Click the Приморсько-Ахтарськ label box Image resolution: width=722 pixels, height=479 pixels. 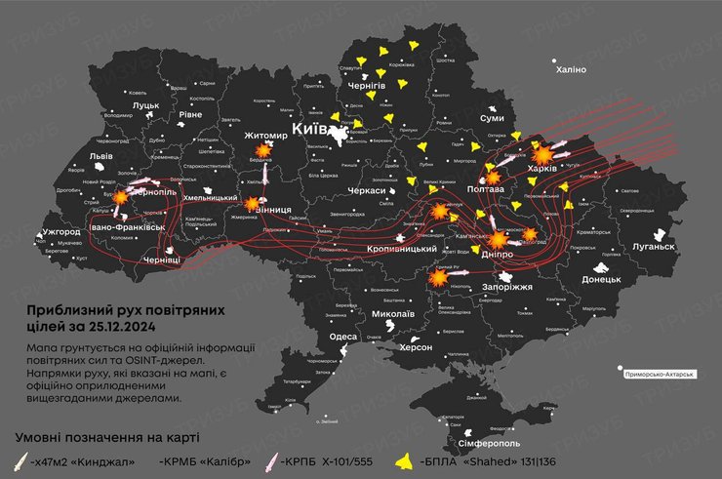[665, 373]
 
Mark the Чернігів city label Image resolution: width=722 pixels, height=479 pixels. [367, 86]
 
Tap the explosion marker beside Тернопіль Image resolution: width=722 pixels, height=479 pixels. [120, 196]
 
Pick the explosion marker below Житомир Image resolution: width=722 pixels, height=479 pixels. [263, 151]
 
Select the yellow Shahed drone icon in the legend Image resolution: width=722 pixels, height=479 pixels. [401, 460]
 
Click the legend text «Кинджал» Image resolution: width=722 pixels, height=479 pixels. [98, 461]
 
